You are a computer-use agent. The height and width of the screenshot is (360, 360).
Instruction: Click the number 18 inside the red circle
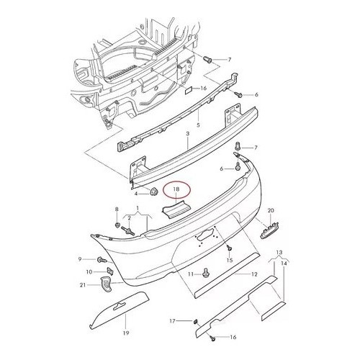tap(176, 189)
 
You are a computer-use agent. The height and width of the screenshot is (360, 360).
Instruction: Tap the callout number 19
tap(126, 333)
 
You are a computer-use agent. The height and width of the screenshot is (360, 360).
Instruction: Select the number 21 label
tap(83, 285)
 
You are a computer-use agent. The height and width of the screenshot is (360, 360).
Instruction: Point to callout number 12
tap(254, 274)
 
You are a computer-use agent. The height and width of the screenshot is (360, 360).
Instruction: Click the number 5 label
tap(198, 125)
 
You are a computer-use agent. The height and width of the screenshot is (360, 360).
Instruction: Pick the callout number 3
tap(188, 134)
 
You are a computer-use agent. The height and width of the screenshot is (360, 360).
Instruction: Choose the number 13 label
tap(279, 252)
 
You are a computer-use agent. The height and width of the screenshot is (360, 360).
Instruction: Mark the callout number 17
tap(173, 320)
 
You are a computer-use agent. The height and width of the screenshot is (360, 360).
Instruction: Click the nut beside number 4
tap(153, 192)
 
